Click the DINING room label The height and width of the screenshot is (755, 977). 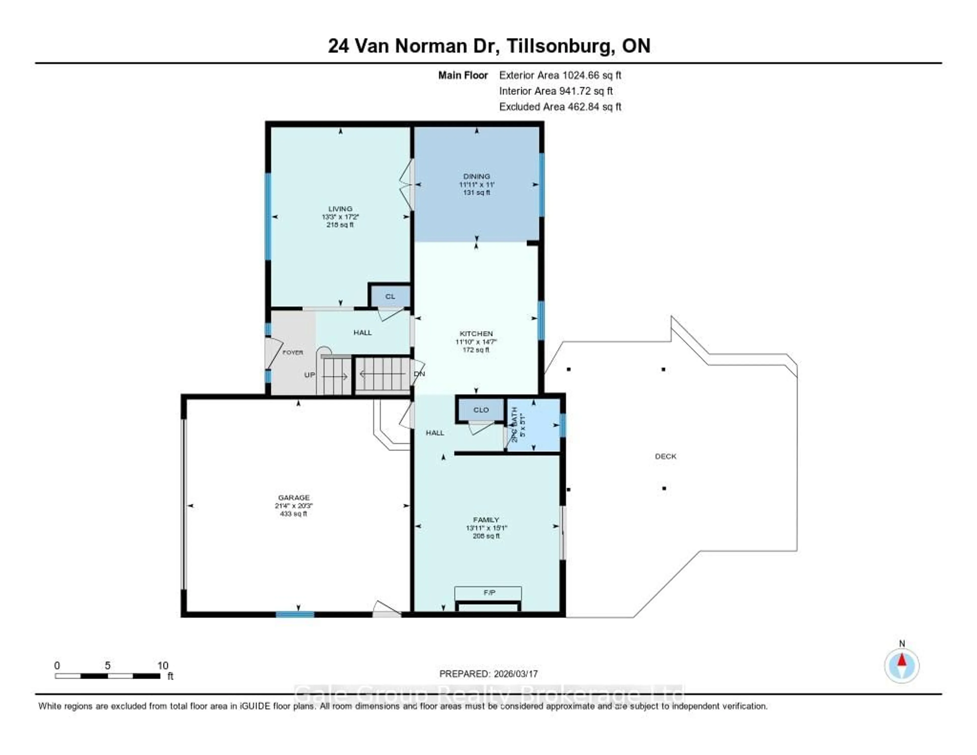tap(477, 176)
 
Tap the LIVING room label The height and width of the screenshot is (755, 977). tap(340, 208)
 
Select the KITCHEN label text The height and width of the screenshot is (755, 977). tap(476, 333)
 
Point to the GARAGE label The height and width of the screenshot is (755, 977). tap(293, 497)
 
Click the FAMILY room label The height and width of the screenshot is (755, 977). tap(486, 520)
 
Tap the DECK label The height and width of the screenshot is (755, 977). tap(665, 456)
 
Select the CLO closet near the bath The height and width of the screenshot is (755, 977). tap(481, 410)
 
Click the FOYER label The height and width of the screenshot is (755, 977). tap(293, 352)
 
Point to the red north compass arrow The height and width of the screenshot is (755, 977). tap(902, 660)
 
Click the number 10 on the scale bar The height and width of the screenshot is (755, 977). tap(163, 665)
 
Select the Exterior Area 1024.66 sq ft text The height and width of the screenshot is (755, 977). tap(560, 75)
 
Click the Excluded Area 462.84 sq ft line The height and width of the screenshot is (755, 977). tap(560, 106)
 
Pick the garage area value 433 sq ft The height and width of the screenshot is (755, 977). tap(293, 514)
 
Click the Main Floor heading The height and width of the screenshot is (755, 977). tap(463, 75)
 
